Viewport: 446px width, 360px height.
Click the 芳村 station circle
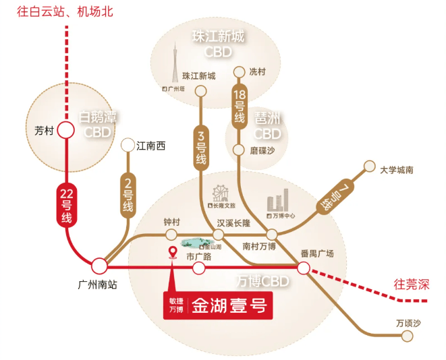[66, 131]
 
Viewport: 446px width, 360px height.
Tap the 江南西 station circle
[127, 145]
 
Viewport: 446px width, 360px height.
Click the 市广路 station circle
[199, 268]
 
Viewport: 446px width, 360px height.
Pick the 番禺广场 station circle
[304, 268]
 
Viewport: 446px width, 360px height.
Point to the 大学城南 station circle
[369, 166]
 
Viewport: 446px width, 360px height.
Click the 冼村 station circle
[238, 71]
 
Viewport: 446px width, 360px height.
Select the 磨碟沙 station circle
[238, 150]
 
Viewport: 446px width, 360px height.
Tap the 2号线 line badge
[128, 196]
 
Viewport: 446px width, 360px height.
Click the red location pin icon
[173, 253]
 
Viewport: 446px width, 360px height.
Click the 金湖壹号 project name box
[217, 305]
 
